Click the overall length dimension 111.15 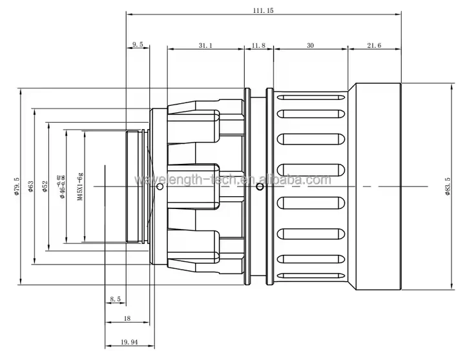[x=263, y=11]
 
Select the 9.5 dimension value [x=138, y=45]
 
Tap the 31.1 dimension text [x=205, y=45]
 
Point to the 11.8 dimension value [x=258, y=45]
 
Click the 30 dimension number [x=310, y=45]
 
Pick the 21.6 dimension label [x=374, y=45]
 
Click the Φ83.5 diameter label [x=448, y=186]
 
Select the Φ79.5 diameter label [x=16, y=186]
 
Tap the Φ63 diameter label [x=31, y=186]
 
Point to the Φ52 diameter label [x=45, y=186]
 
